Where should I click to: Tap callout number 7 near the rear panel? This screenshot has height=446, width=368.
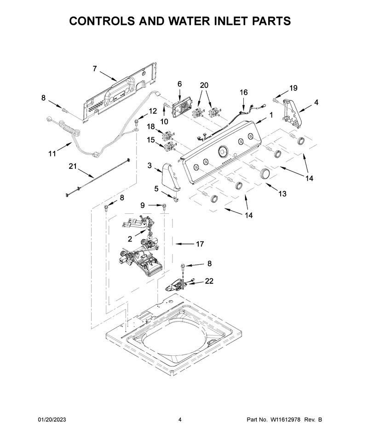(x=95, y=69)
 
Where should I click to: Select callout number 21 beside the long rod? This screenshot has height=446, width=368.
(x=73, y=166)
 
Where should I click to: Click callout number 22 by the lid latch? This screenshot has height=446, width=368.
(x=209, y=281)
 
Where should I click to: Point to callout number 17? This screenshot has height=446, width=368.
(x=200, y=244)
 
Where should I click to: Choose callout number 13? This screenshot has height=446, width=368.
(x=282, y=194)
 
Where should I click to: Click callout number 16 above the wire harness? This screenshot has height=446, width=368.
(x=244, y=92)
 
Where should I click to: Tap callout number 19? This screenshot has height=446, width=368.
(x=293, y=88)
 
